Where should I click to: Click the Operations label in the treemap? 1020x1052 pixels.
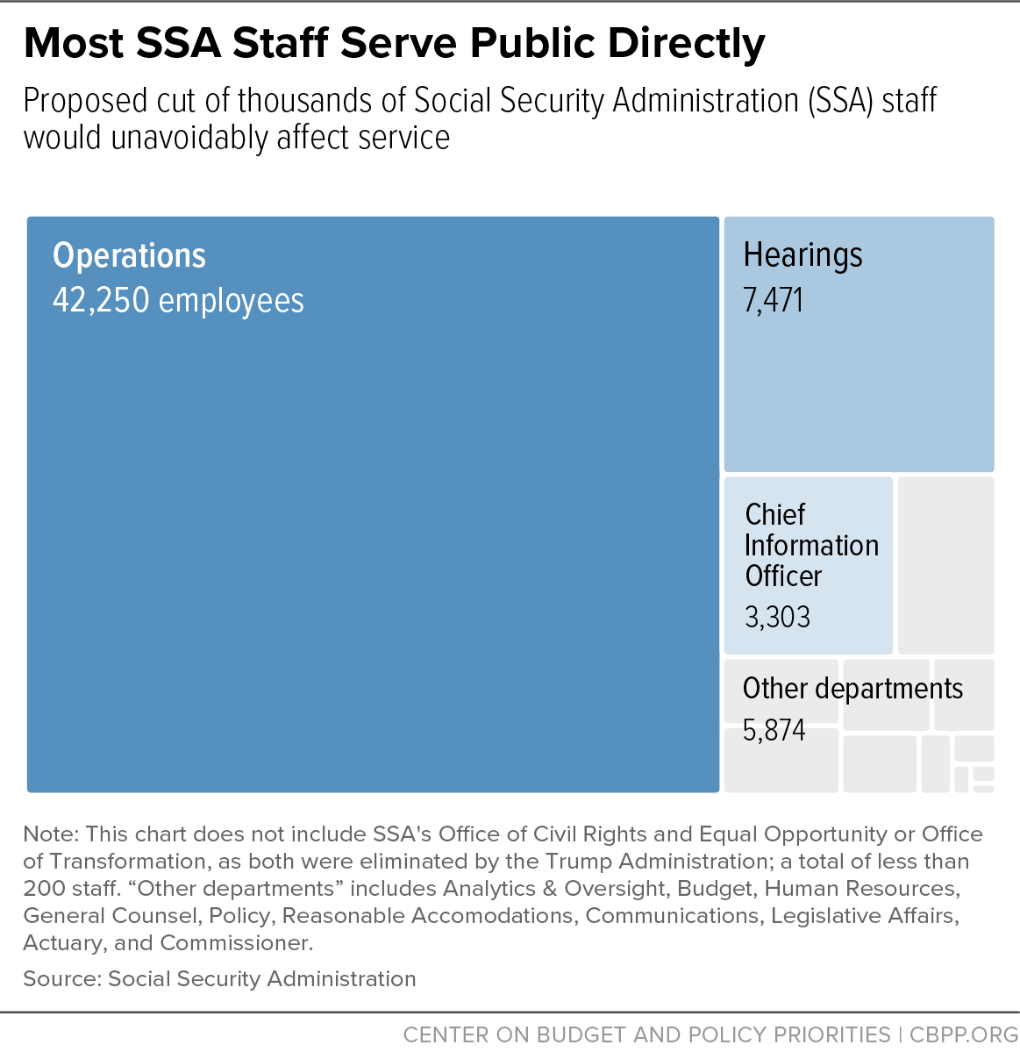[130, 255]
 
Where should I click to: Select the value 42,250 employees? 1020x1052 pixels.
[178, 300]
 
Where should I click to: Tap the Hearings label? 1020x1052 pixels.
[802, 255]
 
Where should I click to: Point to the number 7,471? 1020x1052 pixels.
[773, 300]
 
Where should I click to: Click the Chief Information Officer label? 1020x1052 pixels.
[811, 546]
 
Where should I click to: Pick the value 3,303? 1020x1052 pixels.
[778, 617]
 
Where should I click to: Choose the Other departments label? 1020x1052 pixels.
[853, 689]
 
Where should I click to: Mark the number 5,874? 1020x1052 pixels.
[774, 730]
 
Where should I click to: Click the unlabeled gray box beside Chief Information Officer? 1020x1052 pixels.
[945, 565]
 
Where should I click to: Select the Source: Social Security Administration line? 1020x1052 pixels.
[219, 979]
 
